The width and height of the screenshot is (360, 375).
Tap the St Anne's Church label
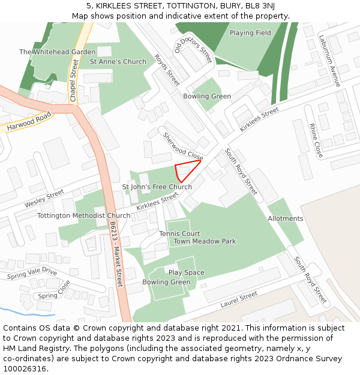(118, 62)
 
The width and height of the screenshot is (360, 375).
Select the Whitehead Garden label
(58, 52)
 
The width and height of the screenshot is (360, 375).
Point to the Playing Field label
(250, 33)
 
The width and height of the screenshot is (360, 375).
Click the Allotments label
(286, 218)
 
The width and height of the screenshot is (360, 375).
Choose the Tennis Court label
(179, 233)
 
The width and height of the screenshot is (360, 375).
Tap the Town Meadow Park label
(205, 241)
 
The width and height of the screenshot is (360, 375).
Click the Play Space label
(186, 272)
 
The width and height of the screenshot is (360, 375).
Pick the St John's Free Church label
(157, 187)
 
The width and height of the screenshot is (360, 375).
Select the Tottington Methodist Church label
(83, 215)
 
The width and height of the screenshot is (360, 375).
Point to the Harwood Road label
(29, 124)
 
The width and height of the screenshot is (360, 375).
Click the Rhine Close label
(316, 140)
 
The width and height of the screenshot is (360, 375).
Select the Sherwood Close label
(183, 146)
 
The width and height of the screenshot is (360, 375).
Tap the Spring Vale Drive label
(32, 274)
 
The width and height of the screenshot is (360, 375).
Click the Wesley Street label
(44, 199)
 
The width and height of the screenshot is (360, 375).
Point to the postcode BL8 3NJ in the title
(260, 6)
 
